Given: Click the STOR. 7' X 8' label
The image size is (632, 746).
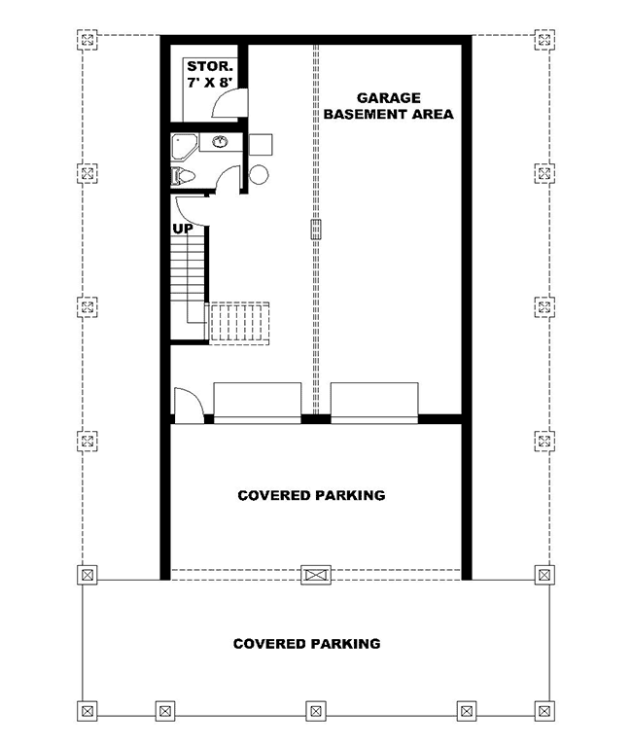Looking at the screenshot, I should click(209, 75).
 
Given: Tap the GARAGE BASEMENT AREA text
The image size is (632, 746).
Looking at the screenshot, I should click(388, 106).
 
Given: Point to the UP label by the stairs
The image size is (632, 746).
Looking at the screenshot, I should click(183, 230).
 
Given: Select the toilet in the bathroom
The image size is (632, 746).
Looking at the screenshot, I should click(183, 176).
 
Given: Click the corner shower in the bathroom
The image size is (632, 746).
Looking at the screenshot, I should click(182, 146).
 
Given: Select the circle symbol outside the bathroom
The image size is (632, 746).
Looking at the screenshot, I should click(259, 176).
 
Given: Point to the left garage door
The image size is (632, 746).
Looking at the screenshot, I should click(258, 403).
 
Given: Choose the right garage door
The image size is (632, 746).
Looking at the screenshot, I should click(374, 403).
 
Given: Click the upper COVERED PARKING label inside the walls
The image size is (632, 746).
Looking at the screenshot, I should click(311, 495).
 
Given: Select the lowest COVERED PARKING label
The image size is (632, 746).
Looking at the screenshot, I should click(306, 644).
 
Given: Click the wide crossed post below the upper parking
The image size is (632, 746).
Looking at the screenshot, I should click(315, 575).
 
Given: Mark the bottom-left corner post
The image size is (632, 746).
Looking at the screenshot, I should click(88, 709).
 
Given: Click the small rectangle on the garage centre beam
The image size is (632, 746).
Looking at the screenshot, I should click(315, 230).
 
